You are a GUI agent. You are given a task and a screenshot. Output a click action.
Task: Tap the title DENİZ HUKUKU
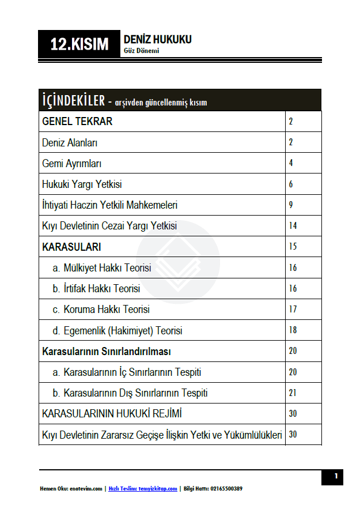[x=157, y=39]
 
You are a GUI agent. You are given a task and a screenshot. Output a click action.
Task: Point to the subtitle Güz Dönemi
[x=141, y=51]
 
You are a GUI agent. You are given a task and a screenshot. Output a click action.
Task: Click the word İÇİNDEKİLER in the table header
[x=73, y=101]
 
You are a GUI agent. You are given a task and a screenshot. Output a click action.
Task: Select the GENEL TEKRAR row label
[x=77, y=122]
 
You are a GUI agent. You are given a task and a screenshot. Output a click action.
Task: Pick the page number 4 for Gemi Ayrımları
[x=291, y=163]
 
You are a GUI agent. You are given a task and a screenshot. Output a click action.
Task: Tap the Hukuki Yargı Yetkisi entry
[x=82, y=184]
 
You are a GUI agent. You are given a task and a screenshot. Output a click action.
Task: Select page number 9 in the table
[x=291, y=205]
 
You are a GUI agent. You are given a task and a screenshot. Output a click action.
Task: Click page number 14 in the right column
[x=293, y=225]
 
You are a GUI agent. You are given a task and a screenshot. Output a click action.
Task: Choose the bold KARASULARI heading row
[x=71, y=247]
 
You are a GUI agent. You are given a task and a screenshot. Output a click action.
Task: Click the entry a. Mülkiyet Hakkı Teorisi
[x=102, y=268]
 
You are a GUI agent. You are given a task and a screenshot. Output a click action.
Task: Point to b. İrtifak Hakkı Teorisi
[x=96, y=288]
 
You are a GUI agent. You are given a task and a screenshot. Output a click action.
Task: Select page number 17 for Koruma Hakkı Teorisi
[x=293, y=310]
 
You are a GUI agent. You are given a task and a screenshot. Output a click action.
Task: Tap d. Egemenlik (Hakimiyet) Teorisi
[x=118, y=330]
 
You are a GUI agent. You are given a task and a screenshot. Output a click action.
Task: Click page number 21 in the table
[x=293, y=393]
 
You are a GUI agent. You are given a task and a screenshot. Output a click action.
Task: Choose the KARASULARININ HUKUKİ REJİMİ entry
[x=113, y=414]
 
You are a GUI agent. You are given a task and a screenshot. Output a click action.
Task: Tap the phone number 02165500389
[x=222, y=489]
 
